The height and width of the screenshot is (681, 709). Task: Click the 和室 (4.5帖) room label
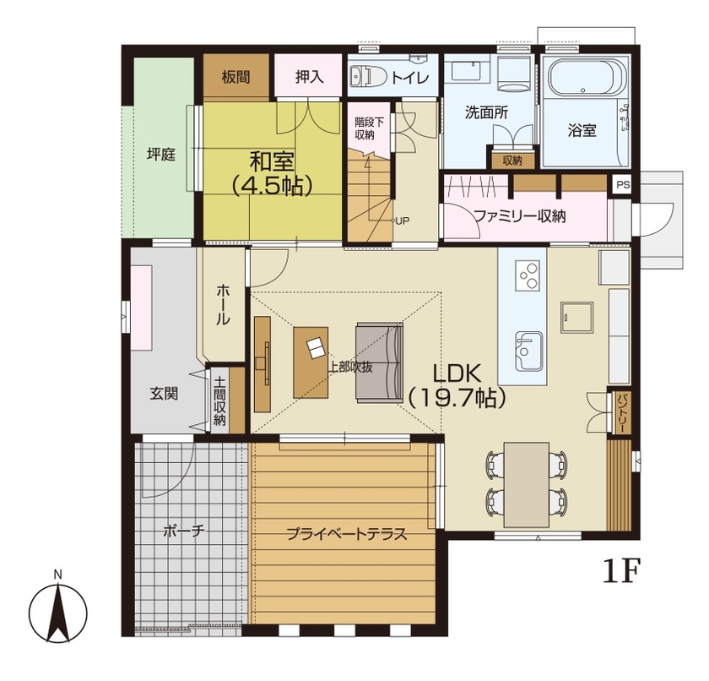coord(268,172)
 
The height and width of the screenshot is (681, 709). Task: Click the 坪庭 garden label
coord(160,155)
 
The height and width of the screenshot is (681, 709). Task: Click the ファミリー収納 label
coord(518,215)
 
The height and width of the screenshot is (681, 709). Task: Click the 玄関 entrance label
coord(164,393)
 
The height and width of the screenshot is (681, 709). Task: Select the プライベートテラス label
coord(346,533)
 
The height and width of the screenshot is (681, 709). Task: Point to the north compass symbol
coord(57,610)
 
